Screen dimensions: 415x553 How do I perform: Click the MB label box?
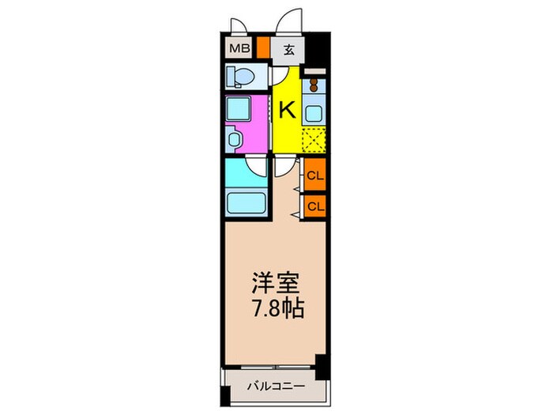(238, 49)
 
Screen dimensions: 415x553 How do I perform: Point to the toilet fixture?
(238, 77)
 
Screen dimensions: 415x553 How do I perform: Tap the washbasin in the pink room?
(235, 138)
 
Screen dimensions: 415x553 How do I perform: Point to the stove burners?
(314, 82)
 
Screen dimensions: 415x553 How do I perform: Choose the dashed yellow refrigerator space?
(314, 139)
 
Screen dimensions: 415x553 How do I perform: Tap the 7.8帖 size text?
(273, 306)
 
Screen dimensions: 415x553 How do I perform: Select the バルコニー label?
(273, 387)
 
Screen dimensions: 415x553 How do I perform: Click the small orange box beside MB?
(262, 49)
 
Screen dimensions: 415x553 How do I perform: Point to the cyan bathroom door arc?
(256, 166)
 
